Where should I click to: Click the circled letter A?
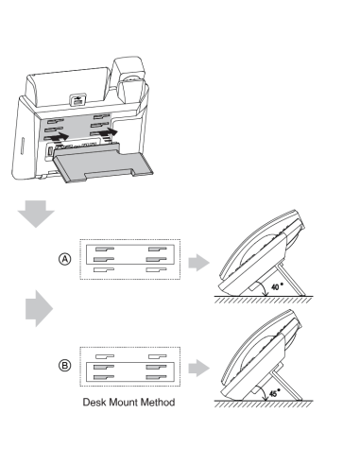(65, 259)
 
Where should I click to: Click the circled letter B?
(65, 366)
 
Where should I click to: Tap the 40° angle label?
(277, 286)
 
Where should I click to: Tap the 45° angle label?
(275, 392)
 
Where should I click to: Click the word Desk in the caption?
(94, 403)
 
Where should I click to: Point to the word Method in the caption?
(158, 403)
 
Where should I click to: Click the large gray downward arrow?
(36, 214)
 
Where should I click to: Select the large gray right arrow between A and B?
(39, 308)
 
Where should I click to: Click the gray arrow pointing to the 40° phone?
(199, 262)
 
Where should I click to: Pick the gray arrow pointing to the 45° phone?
(199, 368)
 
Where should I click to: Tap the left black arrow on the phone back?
(59, 136)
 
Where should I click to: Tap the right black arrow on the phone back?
(108, 131)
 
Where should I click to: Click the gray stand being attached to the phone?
(103, 163)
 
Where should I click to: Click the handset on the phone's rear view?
(129, 80)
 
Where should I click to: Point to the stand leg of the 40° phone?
(290, 281)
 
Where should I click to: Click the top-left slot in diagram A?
(105, 250)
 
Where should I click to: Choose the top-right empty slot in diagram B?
(158, 356)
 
